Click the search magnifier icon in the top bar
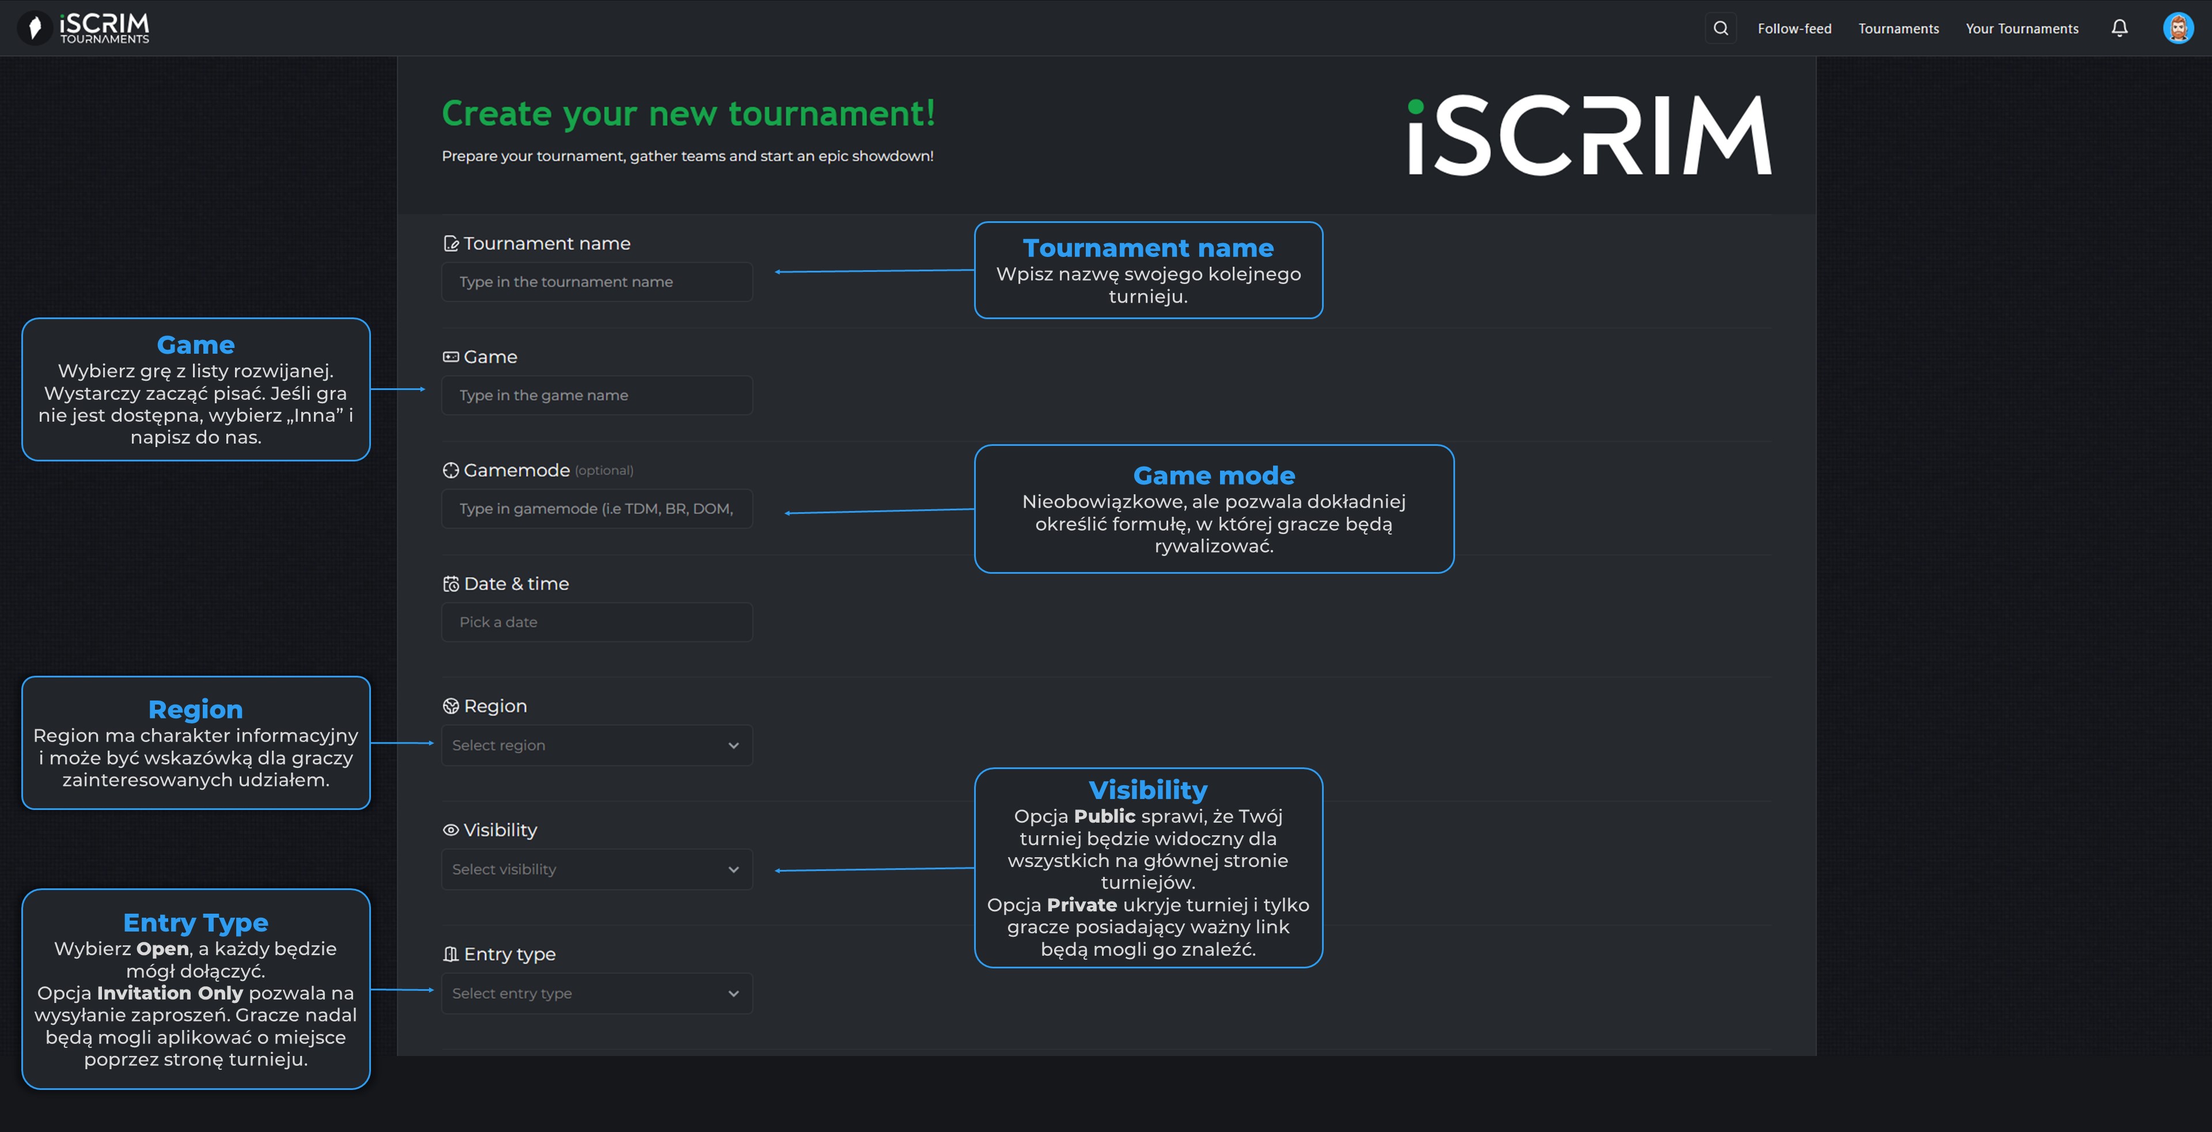tap(1720, 28)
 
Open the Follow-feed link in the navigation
tap(1794, 28)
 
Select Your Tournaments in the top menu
tap(2021, 28)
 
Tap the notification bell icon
tap(2119, 28)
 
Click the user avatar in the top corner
tap(2177, 28)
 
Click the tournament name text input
tap(597, 282)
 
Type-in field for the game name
tap(597, 395)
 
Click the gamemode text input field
tap(597, 509)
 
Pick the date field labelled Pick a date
tap(597, 622)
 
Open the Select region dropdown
tap(597, 745)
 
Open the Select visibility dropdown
tap(597, 869)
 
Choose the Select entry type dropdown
tap(597, 993)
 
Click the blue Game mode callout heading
tap(1213, 475)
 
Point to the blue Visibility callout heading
tap(1147, 789)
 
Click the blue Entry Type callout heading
tap(196, 922)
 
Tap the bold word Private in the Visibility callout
tap(1081, 904)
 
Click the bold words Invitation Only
tap(170, 993)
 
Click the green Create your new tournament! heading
tap(688, 113)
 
